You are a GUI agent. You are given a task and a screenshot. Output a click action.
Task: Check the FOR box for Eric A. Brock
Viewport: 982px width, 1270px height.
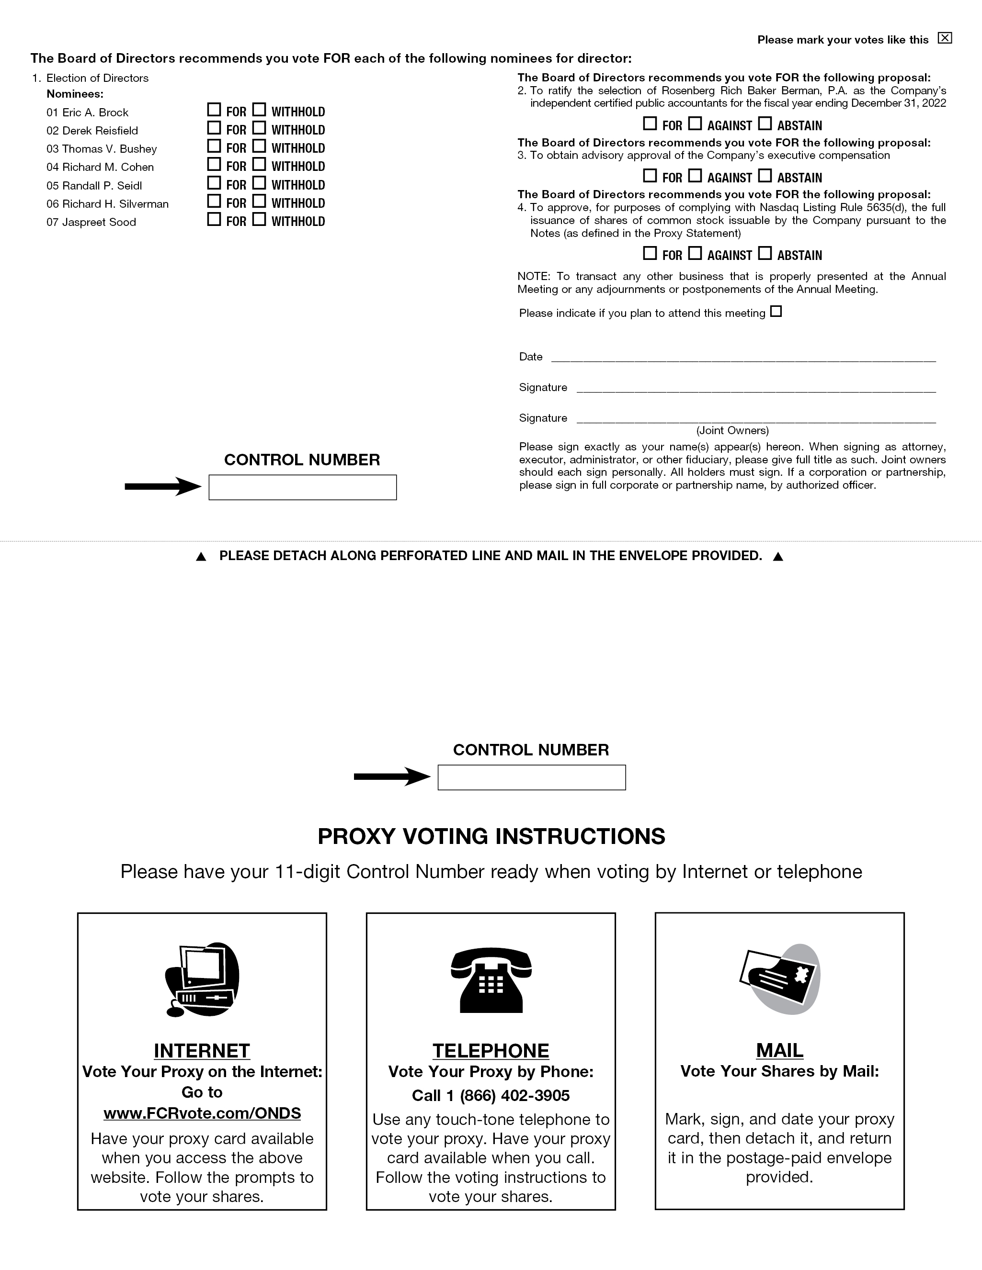(x=214, y=109)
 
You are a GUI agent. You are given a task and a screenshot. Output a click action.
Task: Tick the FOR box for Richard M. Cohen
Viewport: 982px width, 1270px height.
(x=214, y=164)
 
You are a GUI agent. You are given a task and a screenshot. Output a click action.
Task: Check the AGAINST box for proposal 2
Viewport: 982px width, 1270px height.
(x=695, y=124)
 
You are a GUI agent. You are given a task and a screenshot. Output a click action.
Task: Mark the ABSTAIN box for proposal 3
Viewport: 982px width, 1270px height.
(x=765, y=176)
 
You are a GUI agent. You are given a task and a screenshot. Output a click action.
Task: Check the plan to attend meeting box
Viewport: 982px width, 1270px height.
(x=776, y=312)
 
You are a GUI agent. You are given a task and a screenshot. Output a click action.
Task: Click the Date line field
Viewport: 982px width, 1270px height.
(x=743, y=357)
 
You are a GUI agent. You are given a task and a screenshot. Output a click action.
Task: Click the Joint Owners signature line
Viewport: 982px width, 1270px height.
(x=756, y=417)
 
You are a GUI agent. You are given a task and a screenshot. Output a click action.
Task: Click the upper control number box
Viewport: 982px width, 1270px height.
(x=303, y=487)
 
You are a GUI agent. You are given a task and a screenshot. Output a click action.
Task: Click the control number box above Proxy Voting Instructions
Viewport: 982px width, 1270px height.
(x=531, y=777)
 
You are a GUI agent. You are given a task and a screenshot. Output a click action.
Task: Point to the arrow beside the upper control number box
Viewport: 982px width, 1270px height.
(x=162, y=487)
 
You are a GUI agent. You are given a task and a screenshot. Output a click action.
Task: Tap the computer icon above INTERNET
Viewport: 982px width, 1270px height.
(x=202, y=980)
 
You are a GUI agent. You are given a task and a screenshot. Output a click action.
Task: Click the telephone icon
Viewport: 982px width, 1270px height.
(x=491, y=980)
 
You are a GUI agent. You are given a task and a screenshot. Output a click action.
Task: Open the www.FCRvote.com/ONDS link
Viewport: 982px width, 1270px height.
(x=202, y=1113)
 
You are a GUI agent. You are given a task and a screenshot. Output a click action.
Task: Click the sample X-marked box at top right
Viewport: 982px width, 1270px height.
(x=945, y=38)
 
